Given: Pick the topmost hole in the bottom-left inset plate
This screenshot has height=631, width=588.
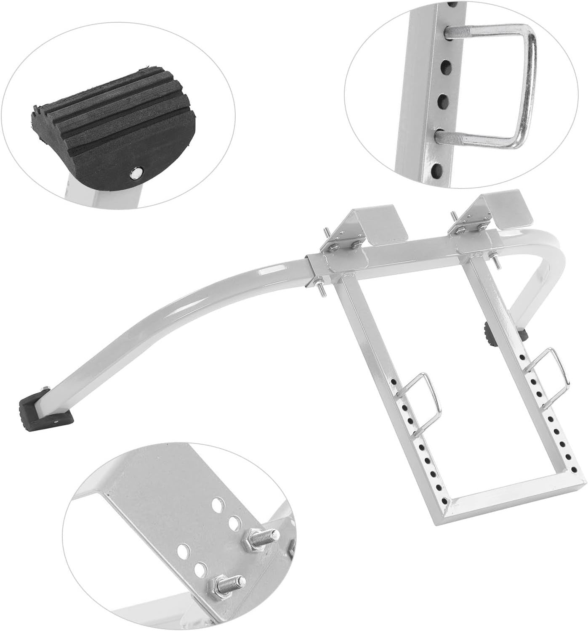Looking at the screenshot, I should coord(218,503).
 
